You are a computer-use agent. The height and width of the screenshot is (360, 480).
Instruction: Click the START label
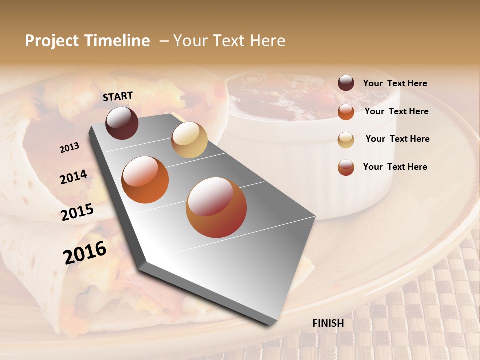tap(118, 96)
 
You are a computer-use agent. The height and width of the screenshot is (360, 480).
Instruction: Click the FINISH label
tap(328, 323)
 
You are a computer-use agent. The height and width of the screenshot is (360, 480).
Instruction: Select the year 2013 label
tap(69, 147)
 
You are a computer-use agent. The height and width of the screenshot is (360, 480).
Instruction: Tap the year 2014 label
tap(73, 177)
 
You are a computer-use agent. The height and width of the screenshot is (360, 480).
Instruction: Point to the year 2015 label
tap(77, 212)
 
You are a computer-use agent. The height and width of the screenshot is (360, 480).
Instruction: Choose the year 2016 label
tap(85, 252)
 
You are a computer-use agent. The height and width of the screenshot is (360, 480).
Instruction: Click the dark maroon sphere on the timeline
tap(122, 123)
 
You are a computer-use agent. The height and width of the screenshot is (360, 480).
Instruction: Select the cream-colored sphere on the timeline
tap(189, 140)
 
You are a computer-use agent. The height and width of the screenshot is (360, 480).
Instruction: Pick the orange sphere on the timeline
tap(145, 180)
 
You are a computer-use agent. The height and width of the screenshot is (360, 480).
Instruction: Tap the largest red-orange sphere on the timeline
tap(216, 207)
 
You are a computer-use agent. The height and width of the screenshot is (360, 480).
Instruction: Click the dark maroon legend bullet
tap(346, 83)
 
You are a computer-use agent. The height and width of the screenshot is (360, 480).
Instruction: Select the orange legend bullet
tap(346, 112)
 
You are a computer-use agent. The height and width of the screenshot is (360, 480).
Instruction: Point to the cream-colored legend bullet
tap(346, 140)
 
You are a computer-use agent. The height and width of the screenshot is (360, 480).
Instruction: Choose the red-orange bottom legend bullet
tap(346, 167)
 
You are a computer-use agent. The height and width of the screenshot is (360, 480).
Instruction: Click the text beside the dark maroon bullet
tap(395, 84)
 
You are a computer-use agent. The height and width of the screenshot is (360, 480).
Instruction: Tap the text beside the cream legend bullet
tap(398, 139)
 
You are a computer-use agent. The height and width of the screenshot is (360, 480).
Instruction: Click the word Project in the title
tap(52, 41)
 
